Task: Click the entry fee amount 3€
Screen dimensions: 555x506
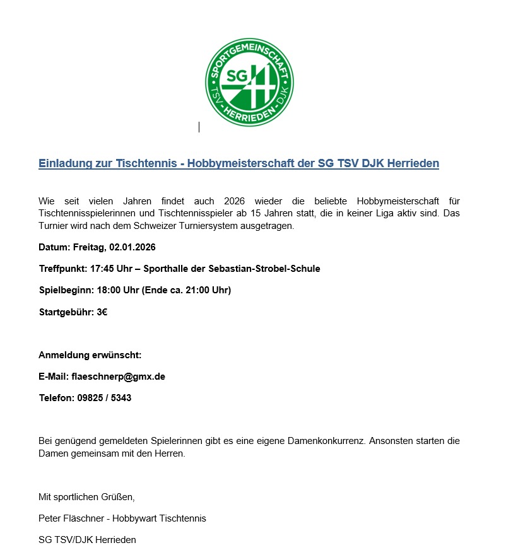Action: click(102, 312)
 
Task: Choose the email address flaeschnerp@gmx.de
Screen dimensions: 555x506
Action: click(119, 377)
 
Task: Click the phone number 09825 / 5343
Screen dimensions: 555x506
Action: click(103, 398)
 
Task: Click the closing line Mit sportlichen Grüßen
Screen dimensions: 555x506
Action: click(87, 497)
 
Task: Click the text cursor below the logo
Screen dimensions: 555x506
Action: click(199, 127)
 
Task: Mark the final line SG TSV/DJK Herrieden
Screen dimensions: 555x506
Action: click(87, 540)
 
